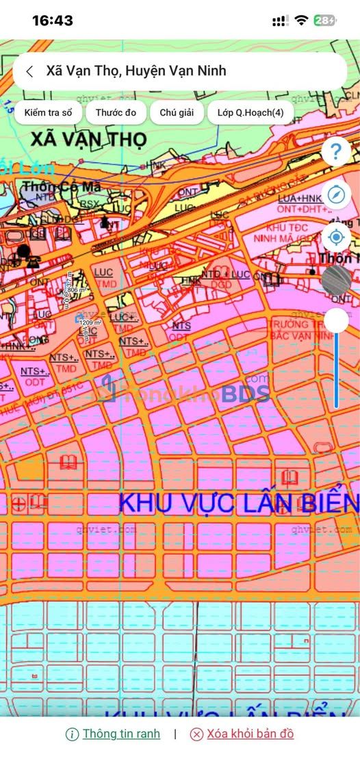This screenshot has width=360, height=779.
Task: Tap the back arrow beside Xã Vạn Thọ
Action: pos(29,71)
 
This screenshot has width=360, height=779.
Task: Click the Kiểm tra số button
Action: pos(48,112)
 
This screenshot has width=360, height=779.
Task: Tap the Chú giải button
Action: pos(177,112)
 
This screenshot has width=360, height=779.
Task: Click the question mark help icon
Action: pos(336,152)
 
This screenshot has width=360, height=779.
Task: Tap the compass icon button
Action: pos(336,195)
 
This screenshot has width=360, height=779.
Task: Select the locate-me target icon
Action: pos(336,238)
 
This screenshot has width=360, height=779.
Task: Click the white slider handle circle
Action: pos(336,320)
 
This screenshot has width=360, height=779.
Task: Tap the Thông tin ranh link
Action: pos(121,734)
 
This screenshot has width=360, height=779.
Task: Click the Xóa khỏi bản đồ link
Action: pos(250,734)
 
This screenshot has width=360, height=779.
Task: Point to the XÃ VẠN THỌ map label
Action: pos(88,140)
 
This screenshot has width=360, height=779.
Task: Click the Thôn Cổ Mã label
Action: pos(62,186)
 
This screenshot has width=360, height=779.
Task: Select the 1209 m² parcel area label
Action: pos(90,322)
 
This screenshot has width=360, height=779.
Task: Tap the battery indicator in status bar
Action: pos(325,21)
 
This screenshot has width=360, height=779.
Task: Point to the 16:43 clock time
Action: pos(52,21)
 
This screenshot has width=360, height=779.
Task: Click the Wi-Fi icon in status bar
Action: pos(301,21)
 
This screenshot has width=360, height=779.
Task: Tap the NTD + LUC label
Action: pos(225,274)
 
